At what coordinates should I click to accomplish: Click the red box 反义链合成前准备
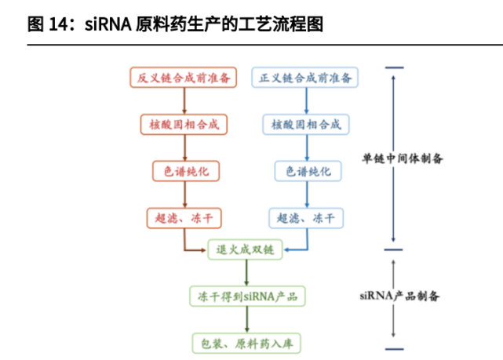[184, 78]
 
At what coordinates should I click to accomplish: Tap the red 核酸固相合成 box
[184, 124]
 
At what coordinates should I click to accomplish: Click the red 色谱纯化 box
[184, 170]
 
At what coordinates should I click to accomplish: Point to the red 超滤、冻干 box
[184, 217]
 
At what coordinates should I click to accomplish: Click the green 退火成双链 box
[246, 250]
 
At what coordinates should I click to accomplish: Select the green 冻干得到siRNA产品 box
[246, 296]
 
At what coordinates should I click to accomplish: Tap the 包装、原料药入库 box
[246, 343]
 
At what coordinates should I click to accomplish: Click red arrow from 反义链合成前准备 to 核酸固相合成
[184, 100]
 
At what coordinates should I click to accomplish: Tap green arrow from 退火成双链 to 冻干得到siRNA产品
[246, 273]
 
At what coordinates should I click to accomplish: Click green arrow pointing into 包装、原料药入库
[246, 320]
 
